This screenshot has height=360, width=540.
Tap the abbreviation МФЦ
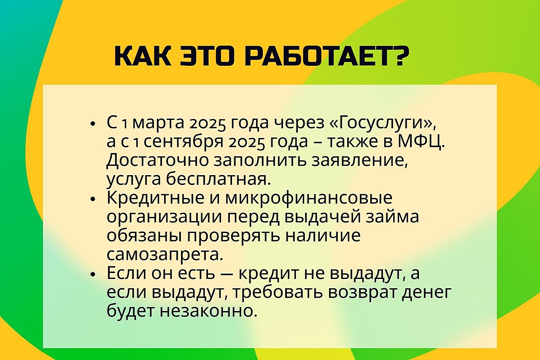421,142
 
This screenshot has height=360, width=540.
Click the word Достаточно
158,160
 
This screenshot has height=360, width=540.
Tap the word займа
392,217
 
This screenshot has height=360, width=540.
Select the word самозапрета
165,254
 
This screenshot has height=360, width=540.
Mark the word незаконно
207,311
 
